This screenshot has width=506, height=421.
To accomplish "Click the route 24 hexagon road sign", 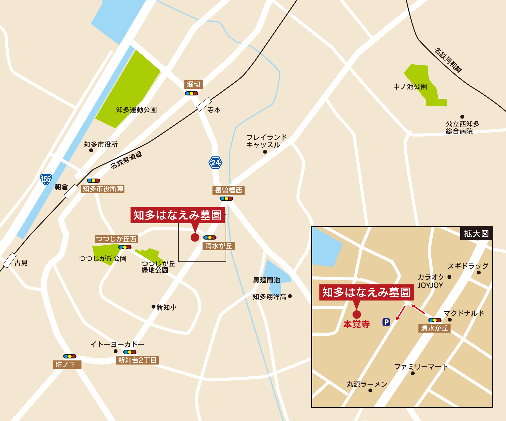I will [x=215, y=163].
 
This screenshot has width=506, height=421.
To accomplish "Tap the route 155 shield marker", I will [x=46, y=179].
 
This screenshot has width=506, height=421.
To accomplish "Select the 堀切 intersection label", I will [x=193, y=84].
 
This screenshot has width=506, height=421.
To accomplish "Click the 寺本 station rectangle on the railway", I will [x=204, y=104].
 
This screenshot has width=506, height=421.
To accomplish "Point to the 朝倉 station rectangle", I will [x=71, y=192].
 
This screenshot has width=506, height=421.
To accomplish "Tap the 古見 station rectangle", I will [x=9, y=260].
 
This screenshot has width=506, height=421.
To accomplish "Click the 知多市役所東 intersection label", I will [x=103, y=189].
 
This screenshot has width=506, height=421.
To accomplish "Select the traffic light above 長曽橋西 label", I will [x=226, y=198].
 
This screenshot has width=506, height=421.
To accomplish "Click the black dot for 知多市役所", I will [x=91, y=151].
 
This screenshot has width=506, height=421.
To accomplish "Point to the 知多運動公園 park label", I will [x=136, y=110].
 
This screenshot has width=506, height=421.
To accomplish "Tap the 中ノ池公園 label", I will [x=410, y=87].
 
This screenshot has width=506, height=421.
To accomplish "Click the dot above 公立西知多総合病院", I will [x=462, y=117].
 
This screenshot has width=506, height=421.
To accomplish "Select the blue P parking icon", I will [x=386, y=322].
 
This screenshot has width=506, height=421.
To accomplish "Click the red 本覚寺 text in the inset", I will [x=356, y=324].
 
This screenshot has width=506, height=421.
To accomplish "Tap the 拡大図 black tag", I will [x=476, y=234].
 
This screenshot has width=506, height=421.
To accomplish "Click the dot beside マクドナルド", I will [x=450, y=320].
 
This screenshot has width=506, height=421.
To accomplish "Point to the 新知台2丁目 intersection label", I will [x=137, y=360].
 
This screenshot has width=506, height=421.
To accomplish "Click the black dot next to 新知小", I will [x=153, y=307].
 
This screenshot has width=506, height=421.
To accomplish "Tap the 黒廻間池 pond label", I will [x=266, y=280].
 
